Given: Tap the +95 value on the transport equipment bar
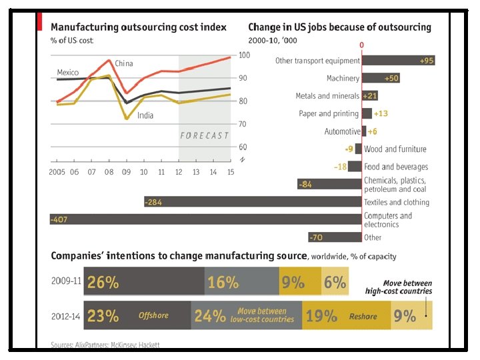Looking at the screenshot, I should click(427, 61).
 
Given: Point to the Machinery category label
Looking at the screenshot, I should click(343, 79).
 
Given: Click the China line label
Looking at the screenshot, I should click(124, 63).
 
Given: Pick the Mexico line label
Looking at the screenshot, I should click(68, 72).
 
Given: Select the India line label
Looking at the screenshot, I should click(145, 115).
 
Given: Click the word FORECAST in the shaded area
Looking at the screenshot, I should click(204, 135).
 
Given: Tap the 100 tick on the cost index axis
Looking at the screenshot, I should click(244, 55).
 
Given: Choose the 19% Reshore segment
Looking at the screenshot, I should click(345, 316).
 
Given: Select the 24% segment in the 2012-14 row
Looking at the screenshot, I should click(246, 316).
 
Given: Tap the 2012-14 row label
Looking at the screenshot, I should click(66, 317).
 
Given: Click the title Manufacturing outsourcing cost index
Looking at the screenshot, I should click(139, 27).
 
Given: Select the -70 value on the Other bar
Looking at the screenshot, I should click(318, 237).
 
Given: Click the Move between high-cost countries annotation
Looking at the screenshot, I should click(399, 287).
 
